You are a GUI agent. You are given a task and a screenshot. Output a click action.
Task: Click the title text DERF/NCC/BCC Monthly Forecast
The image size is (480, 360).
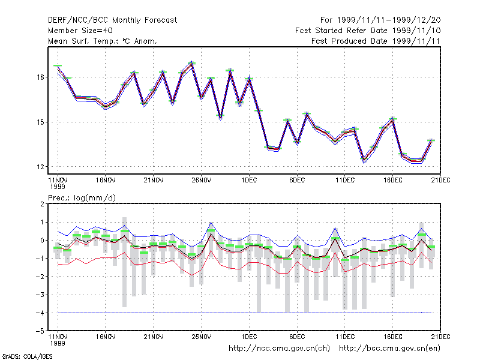(112, 20)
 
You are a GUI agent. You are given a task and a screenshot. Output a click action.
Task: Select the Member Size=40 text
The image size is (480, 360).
(80, 31)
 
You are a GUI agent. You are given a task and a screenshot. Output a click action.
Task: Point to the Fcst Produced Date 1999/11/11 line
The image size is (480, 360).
(376, 41)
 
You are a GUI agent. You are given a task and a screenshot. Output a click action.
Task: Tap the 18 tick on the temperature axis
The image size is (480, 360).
(40, 77)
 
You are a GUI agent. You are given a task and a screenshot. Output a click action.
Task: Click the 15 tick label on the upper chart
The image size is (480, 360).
(40, 122)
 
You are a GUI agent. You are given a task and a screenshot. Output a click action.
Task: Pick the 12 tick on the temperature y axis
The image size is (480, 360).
(40, 167)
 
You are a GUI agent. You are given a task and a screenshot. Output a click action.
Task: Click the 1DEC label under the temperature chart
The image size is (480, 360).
(249, 181)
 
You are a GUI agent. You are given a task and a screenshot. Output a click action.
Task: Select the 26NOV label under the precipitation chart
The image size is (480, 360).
(202, 337)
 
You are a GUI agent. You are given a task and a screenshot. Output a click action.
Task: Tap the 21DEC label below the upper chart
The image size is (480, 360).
(440, 181)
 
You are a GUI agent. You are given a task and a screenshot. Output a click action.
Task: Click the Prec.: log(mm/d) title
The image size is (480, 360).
(82, 198)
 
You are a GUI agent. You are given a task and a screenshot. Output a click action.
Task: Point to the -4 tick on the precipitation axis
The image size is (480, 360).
(40, 313)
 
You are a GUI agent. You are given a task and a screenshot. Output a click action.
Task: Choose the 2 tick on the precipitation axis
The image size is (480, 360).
(42, 204)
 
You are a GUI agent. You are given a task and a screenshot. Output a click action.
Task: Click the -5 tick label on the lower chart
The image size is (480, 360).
(40, 331)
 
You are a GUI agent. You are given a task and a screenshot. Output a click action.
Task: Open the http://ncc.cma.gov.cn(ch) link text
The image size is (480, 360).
(279, 349)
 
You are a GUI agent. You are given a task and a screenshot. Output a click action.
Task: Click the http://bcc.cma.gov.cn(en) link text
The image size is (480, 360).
(389, 349)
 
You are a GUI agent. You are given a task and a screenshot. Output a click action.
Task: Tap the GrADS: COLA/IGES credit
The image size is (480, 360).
(27, 356)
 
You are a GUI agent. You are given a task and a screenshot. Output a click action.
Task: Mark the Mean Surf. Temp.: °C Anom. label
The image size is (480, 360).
(103, 41)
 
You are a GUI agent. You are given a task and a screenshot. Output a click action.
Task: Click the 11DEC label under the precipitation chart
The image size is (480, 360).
(345, 337)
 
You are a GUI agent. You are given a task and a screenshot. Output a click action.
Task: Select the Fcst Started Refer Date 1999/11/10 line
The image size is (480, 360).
(368, 31)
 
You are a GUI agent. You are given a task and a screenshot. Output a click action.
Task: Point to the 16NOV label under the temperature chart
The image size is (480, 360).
(106, 181)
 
